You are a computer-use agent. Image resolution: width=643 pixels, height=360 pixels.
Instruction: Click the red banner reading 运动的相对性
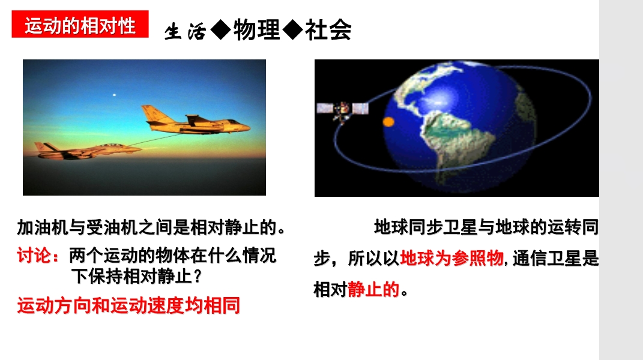click(x=80, y=24)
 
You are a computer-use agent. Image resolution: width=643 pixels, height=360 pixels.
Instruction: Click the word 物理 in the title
click(x=257, y=30)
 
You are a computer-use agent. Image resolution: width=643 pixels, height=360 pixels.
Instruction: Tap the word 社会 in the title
click(x=328, y=30)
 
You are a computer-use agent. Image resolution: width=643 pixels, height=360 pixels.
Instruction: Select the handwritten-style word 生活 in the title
click(x=185, y=32)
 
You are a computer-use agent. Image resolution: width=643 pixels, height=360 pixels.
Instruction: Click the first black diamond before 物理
click(x=221, y=30)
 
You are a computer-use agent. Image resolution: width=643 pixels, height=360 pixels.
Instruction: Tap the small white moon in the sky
click(x=115, y=95)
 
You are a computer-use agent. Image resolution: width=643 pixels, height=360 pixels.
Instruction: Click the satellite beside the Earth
click(x=342, y=109)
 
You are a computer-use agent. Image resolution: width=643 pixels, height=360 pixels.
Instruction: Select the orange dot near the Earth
click(x=388, y=121)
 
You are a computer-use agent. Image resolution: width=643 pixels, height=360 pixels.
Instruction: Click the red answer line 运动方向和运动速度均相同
click(x=128, y=305)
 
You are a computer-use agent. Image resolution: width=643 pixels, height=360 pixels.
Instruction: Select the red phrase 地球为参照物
click(x=451, y=259)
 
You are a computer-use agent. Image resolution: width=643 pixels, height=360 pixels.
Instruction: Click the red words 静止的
click(x=373, y=289)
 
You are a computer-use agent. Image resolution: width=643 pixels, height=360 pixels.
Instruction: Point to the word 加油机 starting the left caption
click(x=43, y=227)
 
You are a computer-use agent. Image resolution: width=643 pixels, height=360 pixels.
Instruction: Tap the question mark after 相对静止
click(x=198, y=277)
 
